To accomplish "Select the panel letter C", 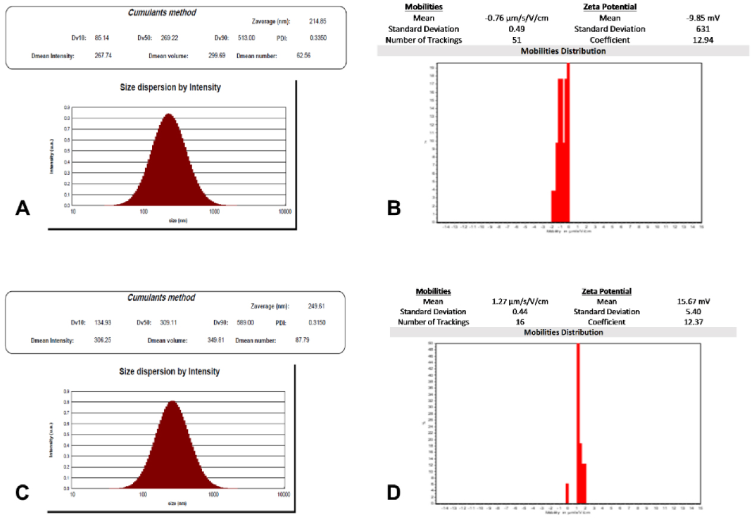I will (22, 491).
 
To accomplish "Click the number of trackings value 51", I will (516, 40).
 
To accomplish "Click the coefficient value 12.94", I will (705, 40).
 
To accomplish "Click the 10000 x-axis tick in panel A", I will (284, 211).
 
